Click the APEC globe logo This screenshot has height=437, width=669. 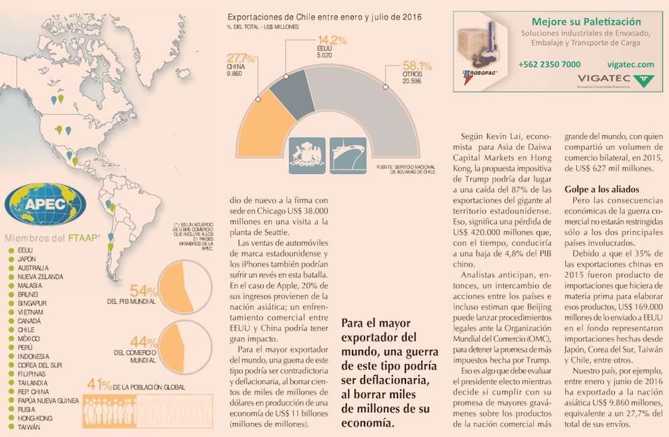click(45, 203)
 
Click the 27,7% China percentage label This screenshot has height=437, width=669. click(241, 58)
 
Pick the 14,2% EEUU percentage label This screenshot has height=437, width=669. click(331, 40)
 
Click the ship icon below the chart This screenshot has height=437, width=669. click(348, 155)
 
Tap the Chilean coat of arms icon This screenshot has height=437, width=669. click(307, 155)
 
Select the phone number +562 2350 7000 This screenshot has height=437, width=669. click(549, 64)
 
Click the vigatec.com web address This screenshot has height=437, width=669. click(631, 64)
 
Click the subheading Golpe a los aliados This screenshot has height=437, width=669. click(602, 189)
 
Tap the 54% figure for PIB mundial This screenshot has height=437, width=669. click(143, 291)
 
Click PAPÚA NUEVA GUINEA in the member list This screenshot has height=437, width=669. click(49, 400)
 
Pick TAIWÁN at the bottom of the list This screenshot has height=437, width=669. click(30, 426)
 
